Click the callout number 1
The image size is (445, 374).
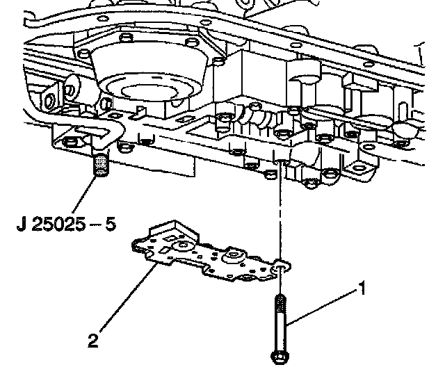tap(361, 286)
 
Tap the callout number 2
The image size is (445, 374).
tap(93, 340)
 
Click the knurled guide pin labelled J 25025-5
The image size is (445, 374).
tap(102, 166)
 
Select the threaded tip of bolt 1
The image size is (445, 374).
tap(280, 304)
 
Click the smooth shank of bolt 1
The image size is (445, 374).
tap(278, 330)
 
